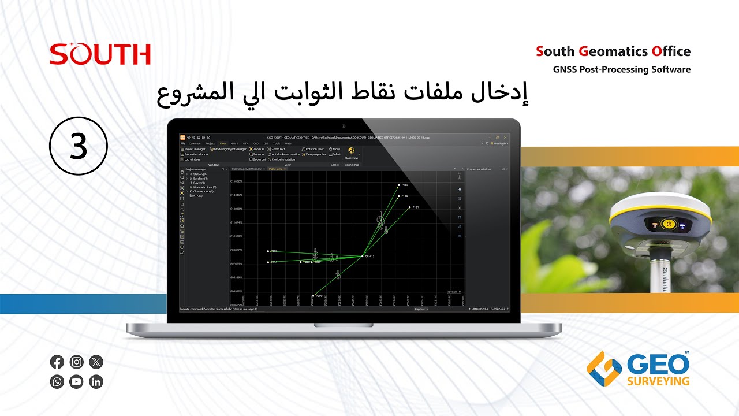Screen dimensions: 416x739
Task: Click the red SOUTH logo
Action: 100,54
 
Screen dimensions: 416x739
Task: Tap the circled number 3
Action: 79,147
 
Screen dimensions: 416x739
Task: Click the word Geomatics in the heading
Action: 614,51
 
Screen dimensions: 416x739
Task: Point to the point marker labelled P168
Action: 398,185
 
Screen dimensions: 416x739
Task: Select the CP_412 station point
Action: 363,256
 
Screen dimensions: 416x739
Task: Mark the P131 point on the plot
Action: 409,207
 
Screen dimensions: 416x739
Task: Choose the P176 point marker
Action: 398,196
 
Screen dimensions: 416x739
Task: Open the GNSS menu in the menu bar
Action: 234,143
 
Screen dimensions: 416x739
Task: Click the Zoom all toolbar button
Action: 257,149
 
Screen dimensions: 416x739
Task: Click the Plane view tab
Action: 275,169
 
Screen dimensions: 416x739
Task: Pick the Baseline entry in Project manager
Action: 201,179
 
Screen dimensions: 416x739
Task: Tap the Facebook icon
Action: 57,362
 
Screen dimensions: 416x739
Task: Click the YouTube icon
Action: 76,382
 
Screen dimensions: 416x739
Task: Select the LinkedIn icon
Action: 96,382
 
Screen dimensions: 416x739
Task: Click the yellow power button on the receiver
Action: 669,224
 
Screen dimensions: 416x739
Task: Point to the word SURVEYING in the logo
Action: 658,381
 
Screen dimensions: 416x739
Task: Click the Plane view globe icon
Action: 351,151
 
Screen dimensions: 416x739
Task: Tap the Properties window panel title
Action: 479,169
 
